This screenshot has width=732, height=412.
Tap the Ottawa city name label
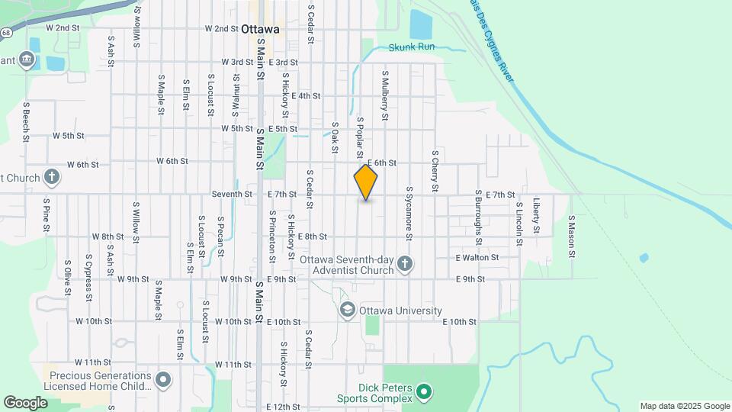coord(259,29)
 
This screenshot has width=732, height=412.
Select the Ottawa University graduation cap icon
coord(348,311)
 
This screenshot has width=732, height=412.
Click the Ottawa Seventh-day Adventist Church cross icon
coord(405,265)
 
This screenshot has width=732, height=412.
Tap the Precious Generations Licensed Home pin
coord(163,379)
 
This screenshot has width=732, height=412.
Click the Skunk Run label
coord(411,47)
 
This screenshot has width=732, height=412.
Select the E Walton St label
coord(477,258)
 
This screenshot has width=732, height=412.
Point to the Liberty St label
coord(537,216)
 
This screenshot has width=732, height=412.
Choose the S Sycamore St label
coord(409,213)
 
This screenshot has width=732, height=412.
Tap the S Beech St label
coord(26,122)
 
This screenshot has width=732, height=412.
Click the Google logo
coord(25,403)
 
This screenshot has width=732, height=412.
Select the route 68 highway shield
coord(5,33)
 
